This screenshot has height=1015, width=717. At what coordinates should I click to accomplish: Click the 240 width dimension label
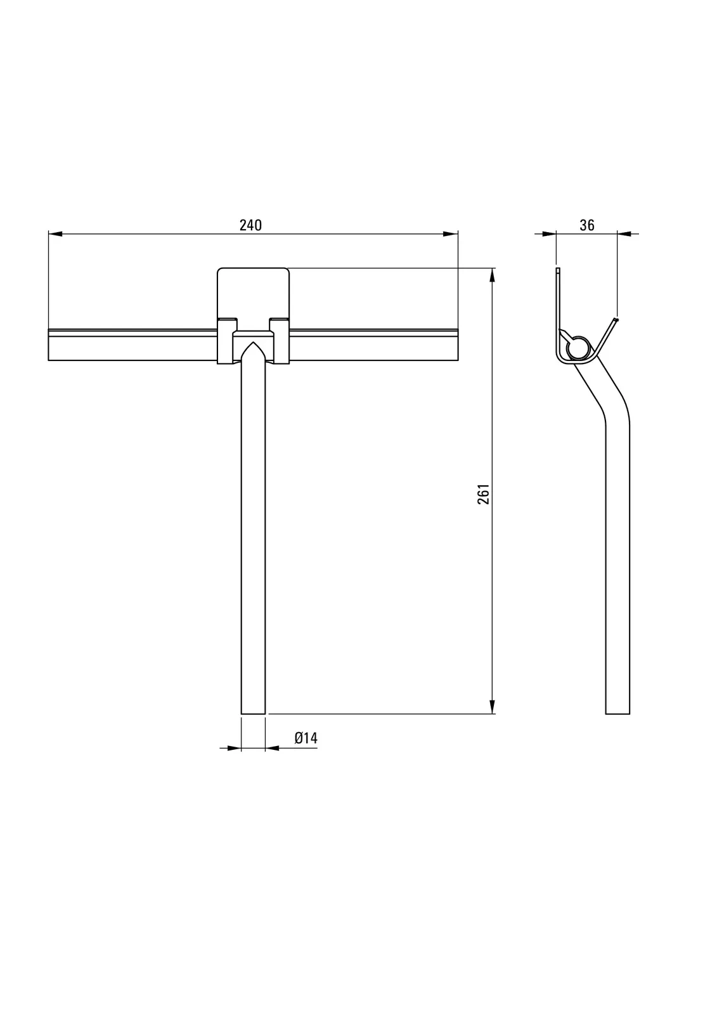pyautogui.click(x=250, y=225)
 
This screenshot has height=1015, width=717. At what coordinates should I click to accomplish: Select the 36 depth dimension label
pyautogui.click(x=586, y=225)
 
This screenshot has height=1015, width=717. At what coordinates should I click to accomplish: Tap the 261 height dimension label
pyautogui.click(x=484, y=494)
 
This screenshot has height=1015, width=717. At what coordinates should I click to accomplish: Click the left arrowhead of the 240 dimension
pyautogui.click(x=55, y=234)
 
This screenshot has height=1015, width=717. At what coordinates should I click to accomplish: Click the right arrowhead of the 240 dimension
pyautogui.click(x=451, y=234)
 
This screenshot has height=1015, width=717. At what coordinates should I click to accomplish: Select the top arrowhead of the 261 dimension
pyautogui.click(x=493, y=275)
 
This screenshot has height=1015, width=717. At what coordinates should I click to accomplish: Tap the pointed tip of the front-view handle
pyautogui.click(x=253, y=342)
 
